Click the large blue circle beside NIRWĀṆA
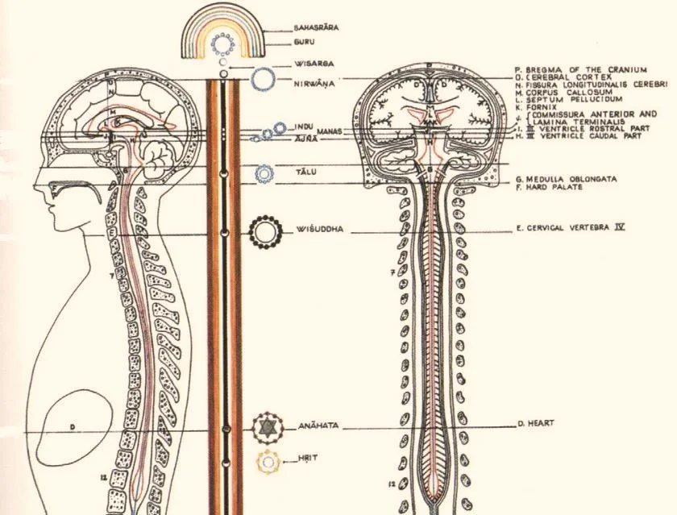click(x=261, y=79)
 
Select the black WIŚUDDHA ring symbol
click(x=263, y=231)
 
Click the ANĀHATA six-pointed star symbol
click(x=264, y=428)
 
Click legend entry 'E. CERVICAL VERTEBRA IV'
click(x=571, y=228)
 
